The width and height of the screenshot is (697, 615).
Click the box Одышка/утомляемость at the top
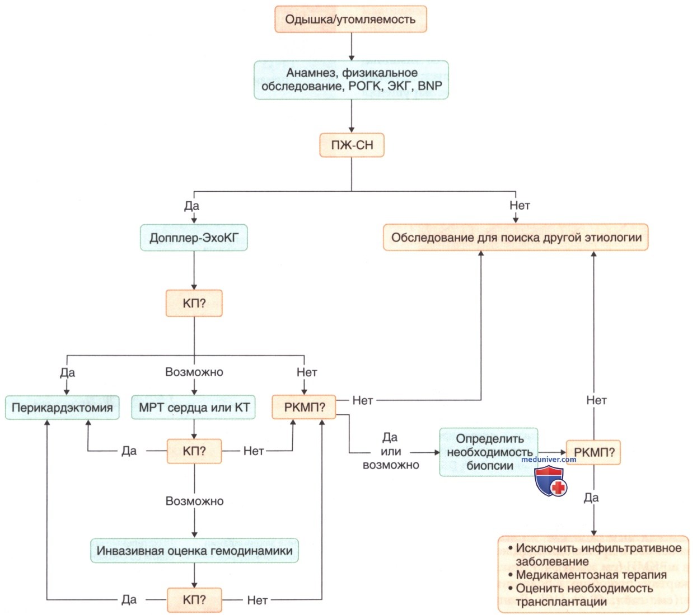pos(350,19)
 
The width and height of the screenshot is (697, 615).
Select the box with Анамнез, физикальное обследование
pos(351,80)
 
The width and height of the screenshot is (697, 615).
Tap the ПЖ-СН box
pos(352,145)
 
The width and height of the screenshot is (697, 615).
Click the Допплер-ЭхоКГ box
pos(194,238)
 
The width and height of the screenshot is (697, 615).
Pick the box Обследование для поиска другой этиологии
pos(516,238)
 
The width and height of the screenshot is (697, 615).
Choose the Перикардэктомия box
pos(62,408)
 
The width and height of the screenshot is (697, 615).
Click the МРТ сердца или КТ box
pos(193,408)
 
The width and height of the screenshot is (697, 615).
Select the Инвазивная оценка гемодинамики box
pos(194,550)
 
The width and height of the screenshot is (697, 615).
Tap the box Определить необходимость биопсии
pos(489,452)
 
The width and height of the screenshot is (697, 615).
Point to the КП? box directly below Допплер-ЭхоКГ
pos(194,303)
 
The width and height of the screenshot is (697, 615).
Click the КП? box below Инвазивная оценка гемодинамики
pos(194,600)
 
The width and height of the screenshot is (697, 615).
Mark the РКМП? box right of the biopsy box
pos(593,452)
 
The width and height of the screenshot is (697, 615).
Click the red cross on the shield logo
pos(558,487)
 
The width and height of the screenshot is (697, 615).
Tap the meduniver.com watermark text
pos(549,460)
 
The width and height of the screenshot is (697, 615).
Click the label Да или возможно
pos(391,451)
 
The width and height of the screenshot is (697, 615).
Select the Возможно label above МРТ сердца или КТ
pos(194,372)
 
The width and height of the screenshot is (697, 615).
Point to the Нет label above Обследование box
pos(520,205)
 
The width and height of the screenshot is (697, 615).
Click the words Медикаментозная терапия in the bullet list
pos(591,574)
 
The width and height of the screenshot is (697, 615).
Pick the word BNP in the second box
pos(430,86)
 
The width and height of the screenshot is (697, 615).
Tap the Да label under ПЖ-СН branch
pos(191,206)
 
